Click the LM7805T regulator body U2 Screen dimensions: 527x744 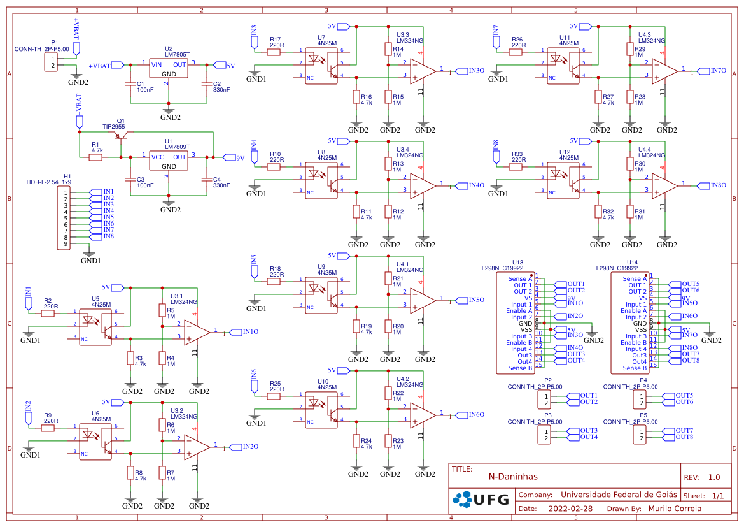tap(169, 69)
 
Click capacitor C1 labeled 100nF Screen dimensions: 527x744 tap(131, 84)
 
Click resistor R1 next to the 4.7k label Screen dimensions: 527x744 tap(95, 157)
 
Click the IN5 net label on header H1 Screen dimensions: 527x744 tap(108, 217)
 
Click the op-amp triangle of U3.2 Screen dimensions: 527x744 tap(196, 446)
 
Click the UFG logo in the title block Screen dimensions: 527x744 tap(481, 500)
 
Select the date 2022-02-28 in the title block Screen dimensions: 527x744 tap(570, 509)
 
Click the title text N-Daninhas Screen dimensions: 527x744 tap(513, 477)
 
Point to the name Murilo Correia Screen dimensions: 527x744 tap(674, 509)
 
